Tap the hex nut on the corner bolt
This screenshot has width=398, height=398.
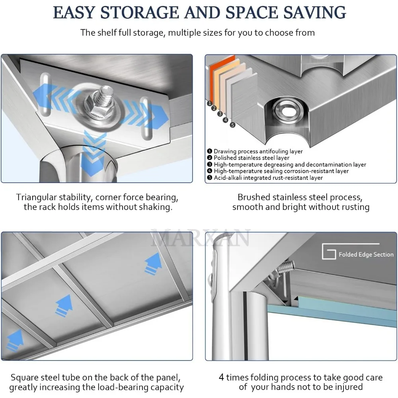click(x=98, y=106)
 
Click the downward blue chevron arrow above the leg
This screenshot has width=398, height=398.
click(x=94, y=152)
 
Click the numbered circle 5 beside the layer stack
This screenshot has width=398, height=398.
click(x=232, y=125)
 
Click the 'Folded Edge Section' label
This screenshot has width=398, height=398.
click(x=366, y=254)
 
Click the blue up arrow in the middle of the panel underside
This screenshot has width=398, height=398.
click(x=64, y=306)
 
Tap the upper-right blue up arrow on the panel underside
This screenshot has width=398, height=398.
click(x=153, y=264)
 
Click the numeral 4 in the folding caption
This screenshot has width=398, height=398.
click(x=221, y=377)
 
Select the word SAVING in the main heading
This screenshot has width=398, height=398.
click(x=314, y=12)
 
